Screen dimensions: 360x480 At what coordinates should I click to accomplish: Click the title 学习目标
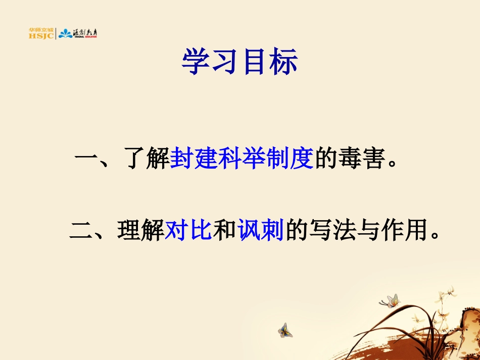[x=239, y=62]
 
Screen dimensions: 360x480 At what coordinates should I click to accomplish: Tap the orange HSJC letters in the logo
[x=41, y=36]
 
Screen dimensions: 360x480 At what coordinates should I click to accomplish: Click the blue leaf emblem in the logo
[x=65, y=34]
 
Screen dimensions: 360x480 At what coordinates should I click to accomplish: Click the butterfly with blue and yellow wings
[x=285, y=330]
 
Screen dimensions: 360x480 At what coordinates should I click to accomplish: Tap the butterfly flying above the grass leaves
[x=390, y=301]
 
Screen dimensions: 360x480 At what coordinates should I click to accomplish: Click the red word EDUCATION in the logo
[x=90, y=37]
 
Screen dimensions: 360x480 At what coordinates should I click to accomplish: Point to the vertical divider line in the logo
[x=56, y=33]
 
